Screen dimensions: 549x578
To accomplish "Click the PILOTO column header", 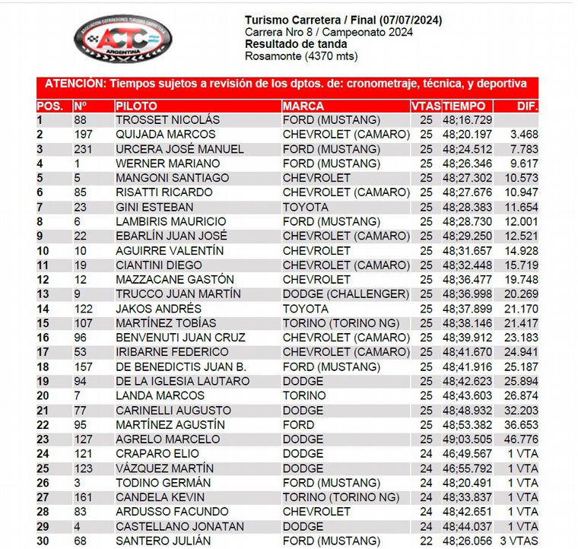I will [x=136, y=106].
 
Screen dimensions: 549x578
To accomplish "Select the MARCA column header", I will [x=303, y=106].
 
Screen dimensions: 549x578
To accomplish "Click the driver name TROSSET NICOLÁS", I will [x=167, y=120].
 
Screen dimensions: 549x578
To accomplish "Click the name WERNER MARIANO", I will [x=167, y=163].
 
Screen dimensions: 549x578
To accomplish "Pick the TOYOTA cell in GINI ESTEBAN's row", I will [x=305, y=207].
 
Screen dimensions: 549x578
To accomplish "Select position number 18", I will [x=43, y=367].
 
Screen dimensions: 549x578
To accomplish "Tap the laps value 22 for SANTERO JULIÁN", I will [x=425, y=541].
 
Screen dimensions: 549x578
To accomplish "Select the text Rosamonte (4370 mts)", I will [x=300, y=56].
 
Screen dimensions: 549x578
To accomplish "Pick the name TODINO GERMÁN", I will [x=163, y=483].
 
